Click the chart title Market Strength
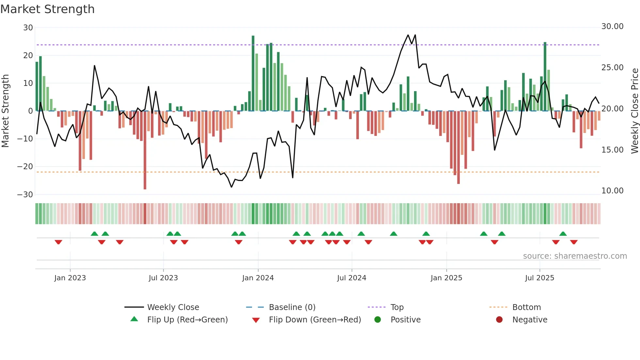pyautogui.click(x=47, y=9)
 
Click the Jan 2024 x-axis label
pyautogui.click(x=258, y=278)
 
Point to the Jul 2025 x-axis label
pyautogui.click(x=539, y=278)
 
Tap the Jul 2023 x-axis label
pyautogui.click(x=163, y=278)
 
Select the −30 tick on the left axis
pyautogui.click(x=25, y=195)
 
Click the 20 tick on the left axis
pyautogui.click(x=28, y=56)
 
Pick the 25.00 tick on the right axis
pyautogui.click(x=612, y=68)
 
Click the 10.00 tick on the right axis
pyautogui.click(x=612, y=191)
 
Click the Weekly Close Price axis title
pyautogui.click(x=634, y=111)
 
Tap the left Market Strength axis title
pyautogui.click(x=6, y=111)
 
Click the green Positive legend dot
pyautogui.click(x=377, y=320)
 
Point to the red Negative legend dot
pyautogui.click(x=499, y=320)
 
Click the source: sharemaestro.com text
pyautogui.click(x=575, y=256)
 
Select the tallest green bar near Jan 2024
pyautogui.click(x=253, y=74)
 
